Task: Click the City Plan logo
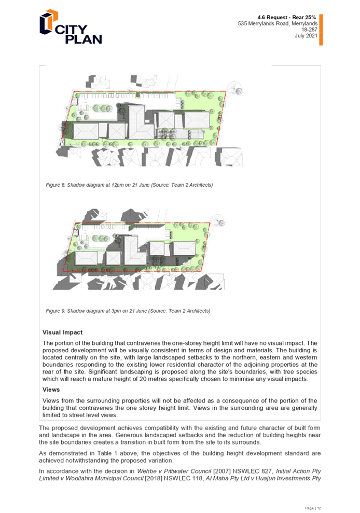(x=71, y=27)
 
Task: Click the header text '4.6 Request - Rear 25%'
(x=287, y=17)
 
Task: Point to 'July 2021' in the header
(x=306, y=36)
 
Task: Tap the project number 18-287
(x=309, y=30)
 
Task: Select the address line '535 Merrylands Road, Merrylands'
(x=278, y=23)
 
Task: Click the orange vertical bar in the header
(x=321, y=30)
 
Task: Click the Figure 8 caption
(x=129, y=185)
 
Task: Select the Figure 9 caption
(x=128, y=311)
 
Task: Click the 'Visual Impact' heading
(x=63, y=332)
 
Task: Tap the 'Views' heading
(x=51, y=390)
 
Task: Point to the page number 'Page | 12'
(x=313, y=508)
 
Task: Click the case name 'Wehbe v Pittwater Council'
(x=174, y=471)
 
